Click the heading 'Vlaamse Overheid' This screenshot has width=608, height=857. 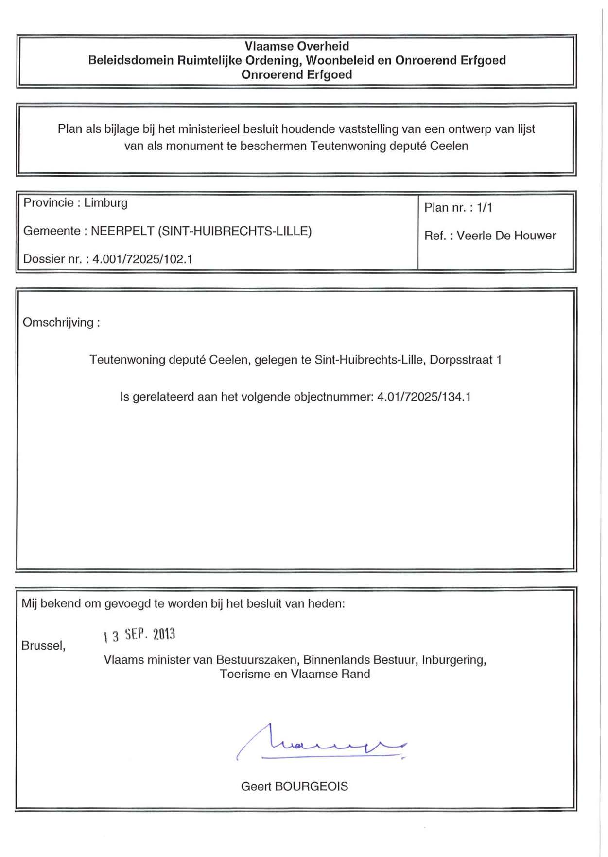pyautogui.click(x=296, y=46)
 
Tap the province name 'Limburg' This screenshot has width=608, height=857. pyautogui.click(x=105, y=203)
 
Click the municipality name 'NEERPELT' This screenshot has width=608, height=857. pyautogui.click(x=122, y=231)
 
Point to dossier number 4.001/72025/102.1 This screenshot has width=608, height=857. pyautogui.click(x=142, y=259)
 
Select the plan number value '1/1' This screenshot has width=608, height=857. pyautogui.click(x=485, y=208)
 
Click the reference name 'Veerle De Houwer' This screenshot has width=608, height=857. pyautogui.click(x=506, y=236)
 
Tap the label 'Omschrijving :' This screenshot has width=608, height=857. pyautogui.click(x=61, y=323)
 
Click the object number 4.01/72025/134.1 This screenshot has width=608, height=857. pyautogui.click(x=424, y=397)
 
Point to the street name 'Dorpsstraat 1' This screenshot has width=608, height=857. pyautogui.click(x=466, y=360)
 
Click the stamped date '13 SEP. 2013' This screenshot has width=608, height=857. pyautogui.click(x=139, y=635)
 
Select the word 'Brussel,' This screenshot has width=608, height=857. pyautogui.click(x=43, y=646)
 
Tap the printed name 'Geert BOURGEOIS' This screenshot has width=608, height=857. pyautogui.click(x=295, y=786)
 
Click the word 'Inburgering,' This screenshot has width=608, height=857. pyautogui.click(x=454, y=660)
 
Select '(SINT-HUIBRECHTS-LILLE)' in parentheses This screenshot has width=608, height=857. pyautogui.click(x=235, y=231)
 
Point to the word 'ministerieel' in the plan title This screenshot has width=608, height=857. pyautogui.click(x=208, y=129)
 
